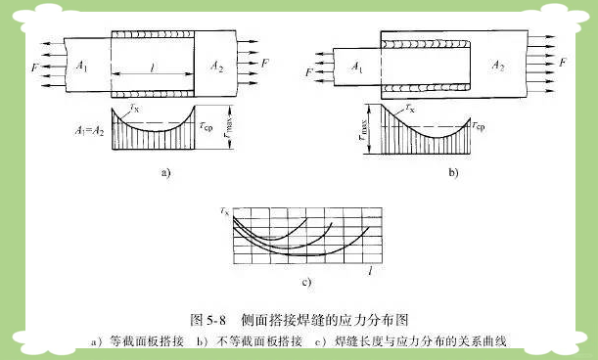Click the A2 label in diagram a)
point(217,65)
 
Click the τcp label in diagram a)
point(207,126)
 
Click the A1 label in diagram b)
point(359,68)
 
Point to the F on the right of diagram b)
point(561,62)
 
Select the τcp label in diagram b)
point(478,126)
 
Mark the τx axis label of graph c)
point(226,210)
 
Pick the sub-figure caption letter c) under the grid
point(306,285)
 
